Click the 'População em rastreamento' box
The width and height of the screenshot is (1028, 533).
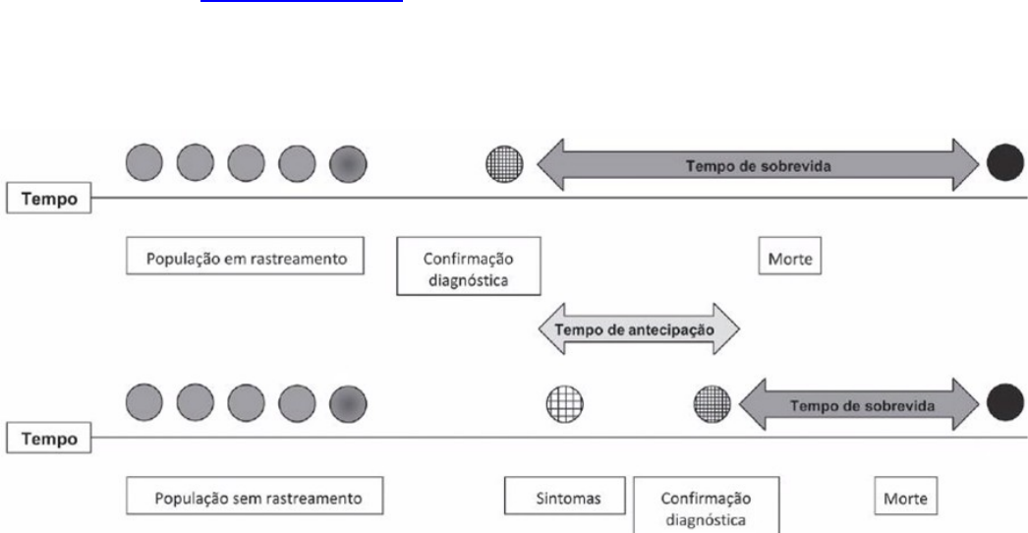click(245, 256)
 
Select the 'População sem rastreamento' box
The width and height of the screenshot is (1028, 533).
click(255, 495)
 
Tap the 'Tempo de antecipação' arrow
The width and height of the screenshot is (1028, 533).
click(639, 328)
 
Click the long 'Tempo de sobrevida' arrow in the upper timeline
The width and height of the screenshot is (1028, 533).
click(758, 165)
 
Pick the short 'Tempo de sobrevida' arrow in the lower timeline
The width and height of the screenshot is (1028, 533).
click(859, 404)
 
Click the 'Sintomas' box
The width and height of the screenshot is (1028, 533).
click(564, 496)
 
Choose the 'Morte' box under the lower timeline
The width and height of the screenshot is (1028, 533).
click(906, 496)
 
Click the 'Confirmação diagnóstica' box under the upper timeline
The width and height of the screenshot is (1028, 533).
click(469, 266)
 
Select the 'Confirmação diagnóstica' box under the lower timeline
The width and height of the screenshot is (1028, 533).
click(706, 504)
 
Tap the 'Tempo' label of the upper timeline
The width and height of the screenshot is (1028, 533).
click(49, 199)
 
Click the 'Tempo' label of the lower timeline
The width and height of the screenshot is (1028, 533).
click(49, 438)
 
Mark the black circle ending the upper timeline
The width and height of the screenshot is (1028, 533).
click(1005, 163)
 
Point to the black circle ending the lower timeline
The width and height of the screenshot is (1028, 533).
click(1005, 402)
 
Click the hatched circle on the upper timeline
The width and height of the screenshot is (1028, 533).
click(505, 163)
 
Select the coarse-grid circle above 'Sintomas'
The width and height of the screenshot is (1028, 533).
click(564, 404)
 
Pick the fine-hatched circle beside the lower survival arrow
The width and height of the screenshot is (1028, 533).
click(712, 404)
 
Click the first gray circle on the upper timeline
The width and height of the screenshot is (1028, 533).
click(144, 163)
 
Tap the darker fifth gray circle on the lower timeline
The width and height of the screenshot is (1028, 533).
click(348, 403)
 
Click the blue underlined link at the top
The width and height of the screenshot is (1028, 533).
click(302, 1)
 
